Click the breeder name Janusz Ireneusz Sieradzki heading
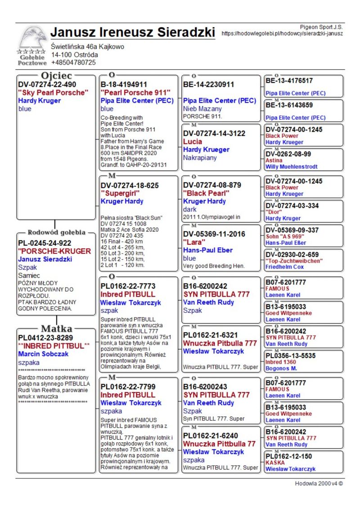(133, 32)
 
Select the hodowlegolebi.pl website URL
(282, 33)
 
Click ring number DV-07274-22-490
(47, 84)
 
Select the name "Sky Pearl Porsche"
(53, 93)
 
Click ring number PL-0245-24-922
(45, 243)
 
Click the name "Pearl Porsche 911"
(135, 93)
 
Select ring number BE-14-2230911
(209, 84)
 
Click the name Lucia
(193, 141)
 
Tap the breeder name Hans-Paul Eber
(208, 250)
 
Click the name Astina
(274, 160)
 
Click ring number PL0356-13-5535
(290, 356)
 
